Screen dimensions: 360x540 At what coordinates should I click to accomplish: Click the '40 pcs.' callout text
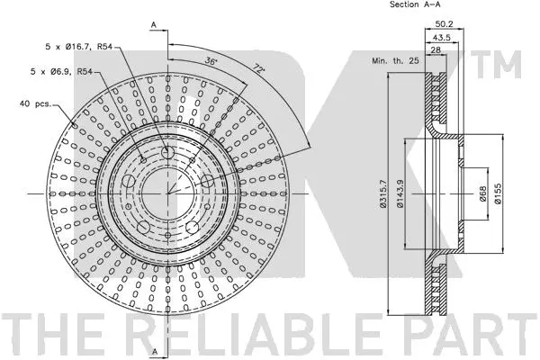pos(35,103)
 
